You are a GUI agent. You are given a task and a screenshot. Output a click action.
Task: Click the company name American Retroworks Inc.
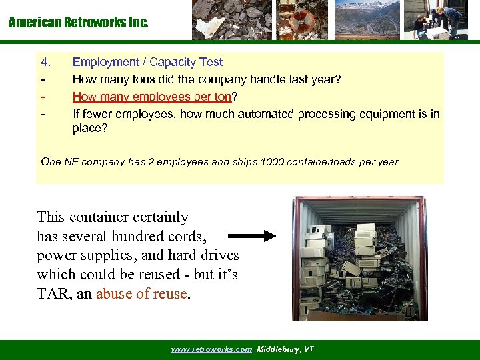78,23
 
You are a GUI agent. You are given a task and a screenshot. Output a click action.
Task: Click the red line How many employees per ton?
153,97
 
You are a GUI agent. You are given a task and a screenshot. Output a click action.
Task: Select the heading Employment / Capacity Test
147,62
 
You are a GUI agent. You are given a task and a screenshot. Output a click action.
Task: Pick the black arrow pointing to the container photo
251,235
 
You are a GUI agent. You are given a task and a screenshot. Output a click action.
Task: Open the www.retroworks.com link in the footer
211,349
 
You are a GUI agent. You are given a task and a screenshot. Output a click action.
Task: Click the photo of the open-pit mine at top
367,20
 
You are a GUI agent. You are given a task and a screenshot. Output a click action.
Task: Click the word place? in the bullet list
90,127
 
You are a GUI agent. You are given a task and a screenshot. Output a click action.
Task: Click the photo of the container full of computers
359,259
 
